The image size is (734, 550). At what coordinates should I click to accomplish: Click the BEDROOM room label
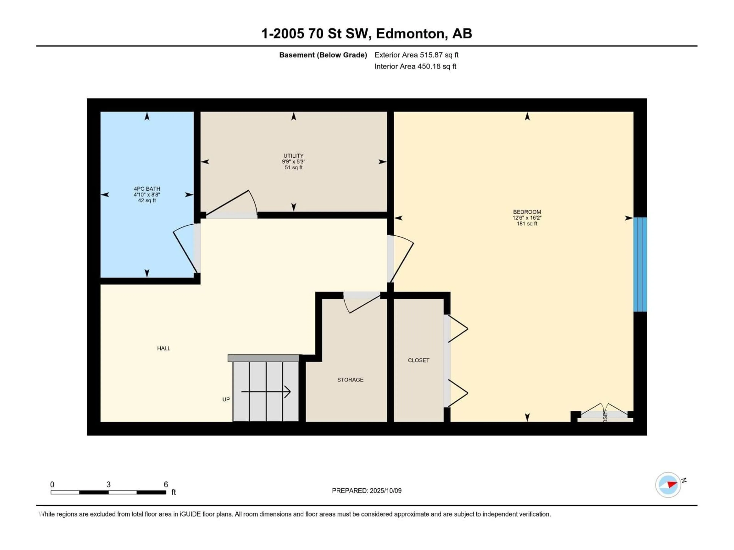(527, 212)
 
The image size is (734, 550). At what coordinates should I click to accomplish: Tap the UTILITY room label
(293, 155)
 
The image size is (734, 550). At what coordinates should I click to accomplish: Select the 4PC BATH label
(147, 189)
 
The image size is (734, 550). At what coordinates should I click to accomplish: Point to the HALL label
(164, 348)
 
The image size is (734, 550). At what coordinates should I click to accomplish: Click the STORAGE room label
(350, 380)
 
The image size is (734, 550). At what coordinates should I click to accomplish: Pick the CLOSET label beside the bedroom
(419, 360)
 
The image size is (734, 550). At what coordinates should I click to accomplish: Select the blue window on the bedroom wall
(640, 264)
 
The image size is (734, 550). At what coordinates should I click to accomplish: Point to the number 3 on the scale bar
(109, 484)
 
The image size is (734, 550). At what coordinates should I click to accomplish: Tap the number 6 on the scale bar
(166, 484)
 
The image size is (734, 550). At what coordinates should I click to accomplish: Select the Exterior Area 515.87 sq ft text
(417, 55)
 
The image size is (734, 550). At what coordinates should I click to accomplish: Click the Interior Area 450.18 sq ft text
(415, 66)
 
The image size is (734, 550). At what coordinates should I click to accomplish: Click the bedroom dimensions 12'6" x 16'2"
(527, 218)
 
